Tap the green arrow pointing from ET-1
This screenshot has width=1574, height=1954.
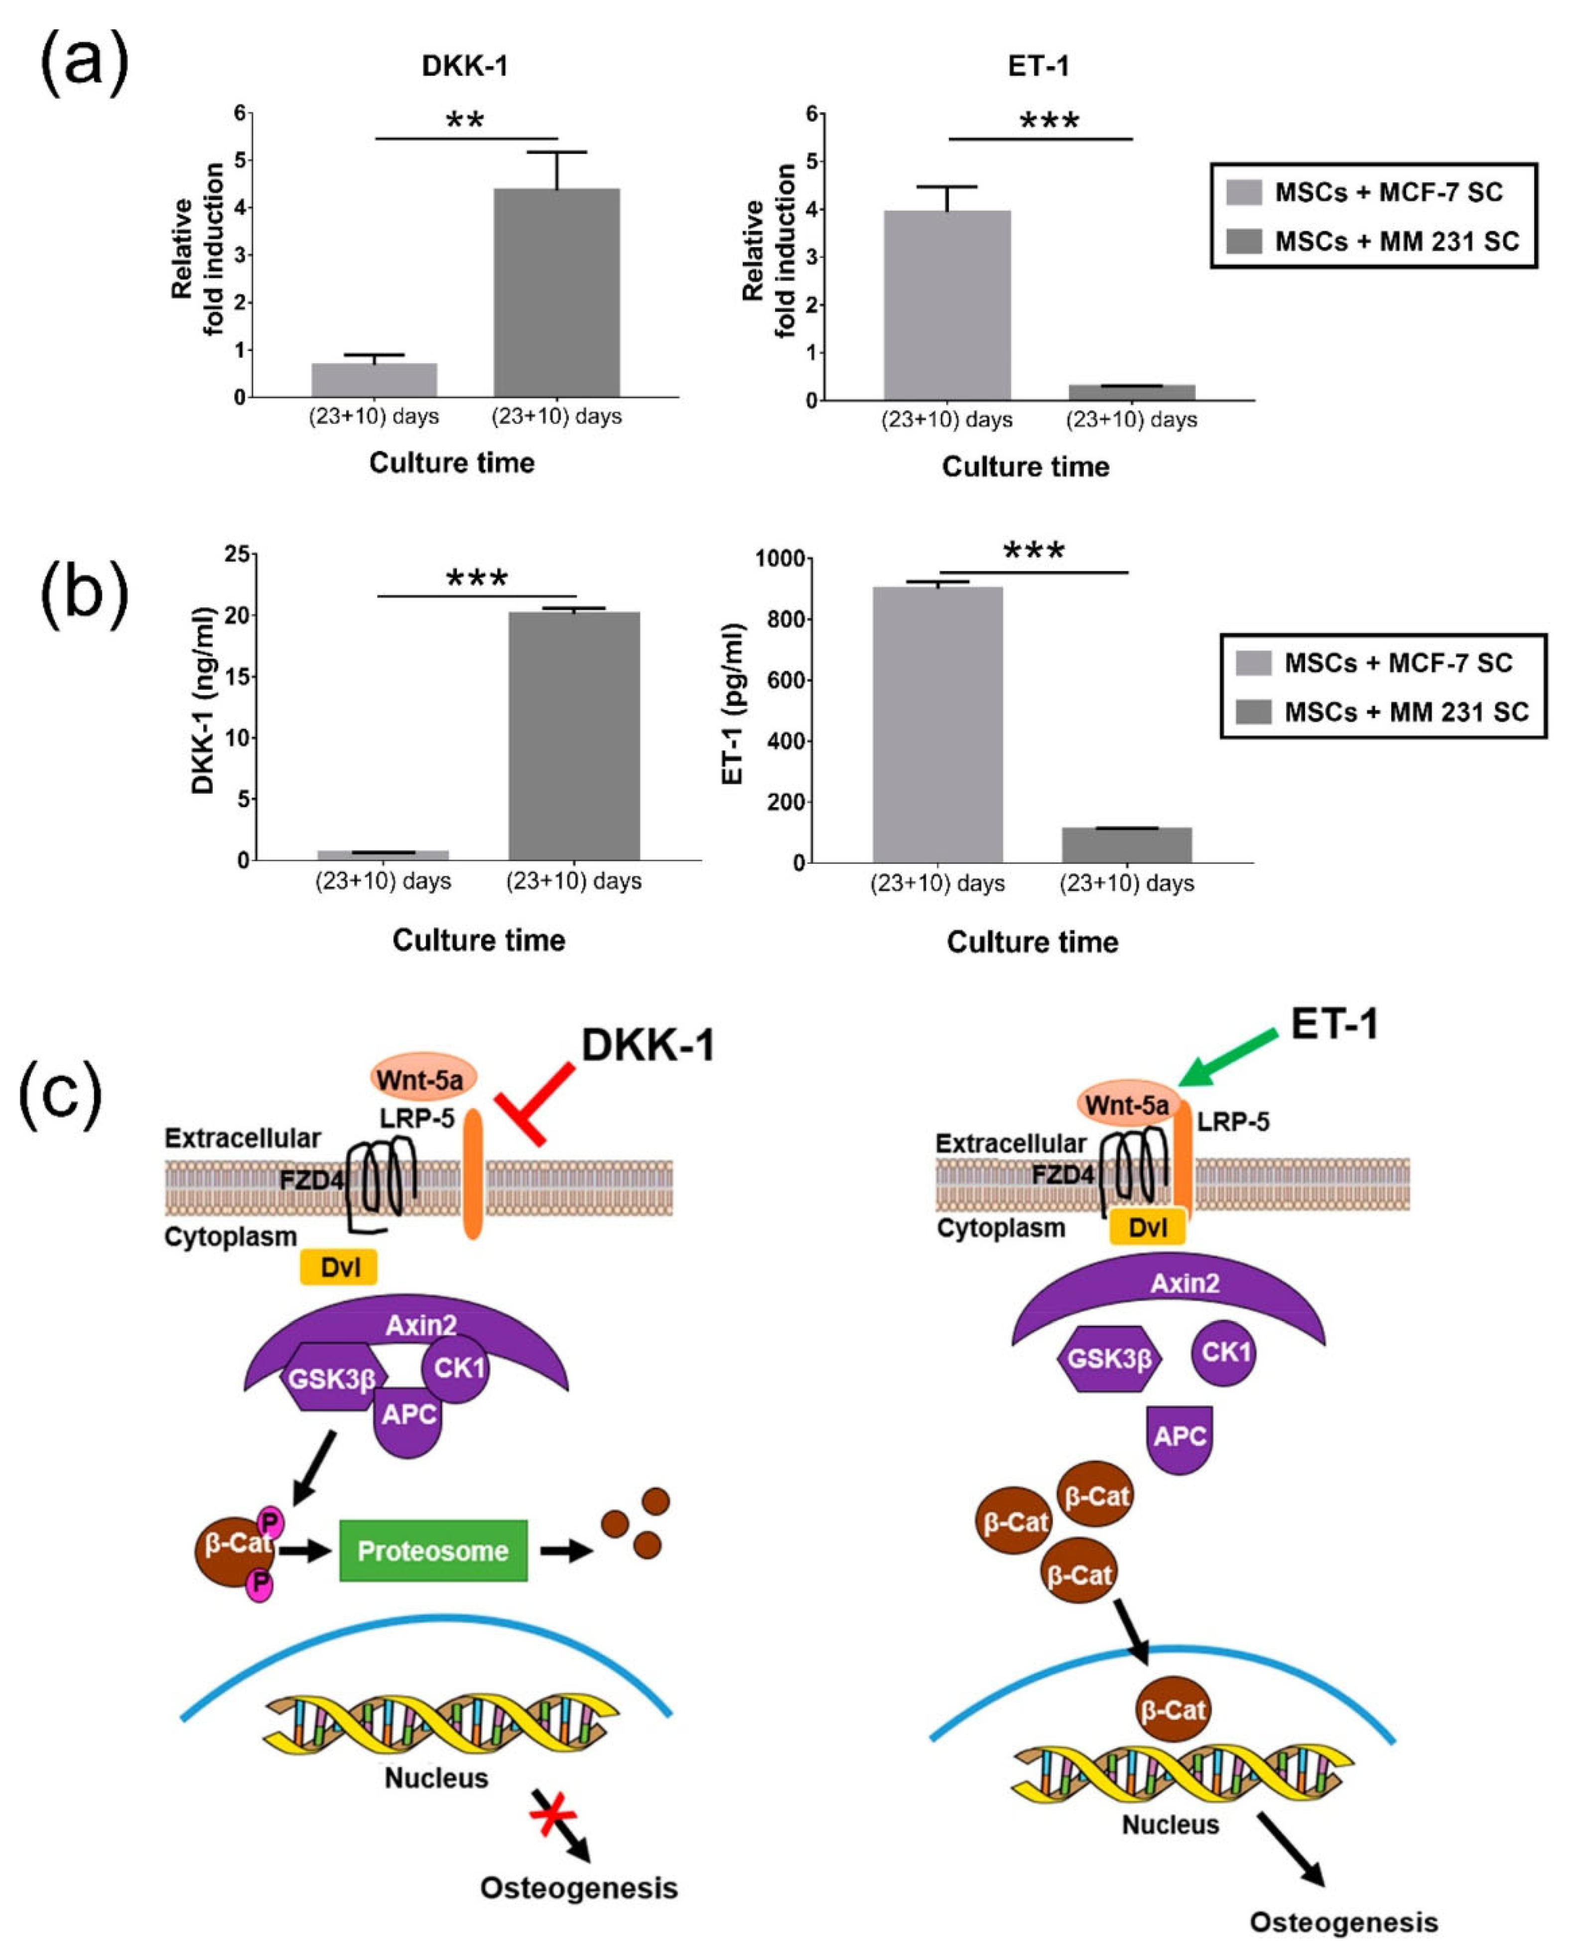coord(1228,1058)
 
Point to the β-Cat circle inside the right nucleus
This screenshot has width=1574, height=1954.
coord(1173,1710)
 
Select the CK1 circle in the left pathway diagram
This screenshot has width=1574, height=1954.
coord(458,1367)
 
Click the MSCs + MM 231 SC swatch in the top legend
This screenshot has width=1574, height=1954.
coord(1243,241)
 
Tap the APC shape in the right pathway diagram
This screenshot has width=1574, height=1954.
coord(1179,1436)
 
